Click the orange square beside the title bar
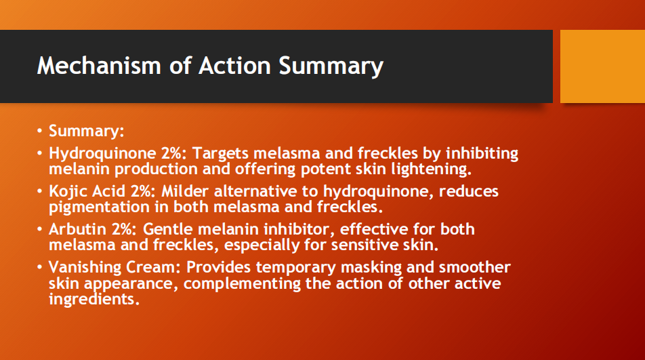pyautogui.click(x=602, y=66)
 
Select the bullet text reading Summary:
pyautogui.click(x=86, y=130)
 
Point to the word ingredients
pyautogui.click(x=93, y=298)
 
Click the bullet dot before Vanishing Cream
pyautogui.click(x=41, y=267)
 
